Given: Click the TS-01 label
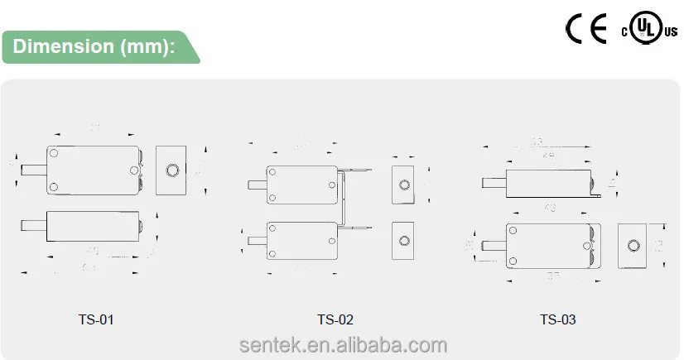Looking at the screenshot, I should click(95, 319).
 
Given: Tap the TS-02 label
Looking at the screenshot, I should click(335, 319).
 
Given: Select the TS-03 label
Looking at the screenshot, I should click(557, 319).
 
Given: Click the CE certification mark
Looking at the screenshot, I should click(587, 29).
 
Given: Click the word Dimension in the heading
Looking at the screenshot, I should click(62, 46).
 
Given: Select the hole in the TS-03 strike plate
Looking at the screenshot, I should click(633, 246).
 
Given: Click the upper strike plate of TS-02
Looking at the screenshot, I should click(403, 183).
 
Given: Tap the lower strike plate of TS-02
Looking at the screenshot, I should click(403, 240).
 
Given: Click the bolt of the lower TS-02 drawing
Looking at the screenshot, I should click(258, 241).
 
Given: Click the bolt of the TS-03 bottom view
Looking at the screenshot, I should click(494, 246).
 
